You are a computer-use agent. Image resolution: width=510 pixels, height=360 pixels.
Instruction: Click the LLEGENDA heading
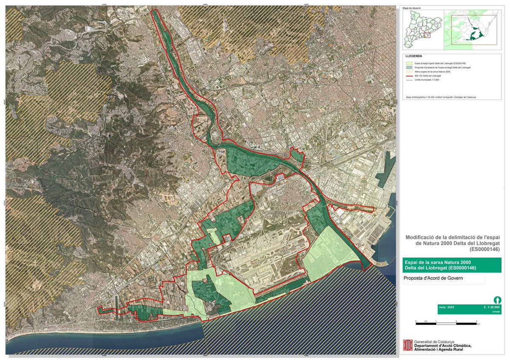tap(414, 56)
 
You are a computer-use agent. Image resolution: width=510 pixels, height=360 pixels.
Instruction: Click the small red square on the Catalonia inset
tap(428, 35)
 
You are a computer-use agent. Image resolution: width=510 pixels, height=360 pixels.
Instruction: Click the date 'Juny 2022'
tap(447, 306)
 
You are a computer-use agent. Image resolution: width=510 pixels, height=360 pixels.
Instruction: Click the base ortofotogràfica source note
tap(441, 97)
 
